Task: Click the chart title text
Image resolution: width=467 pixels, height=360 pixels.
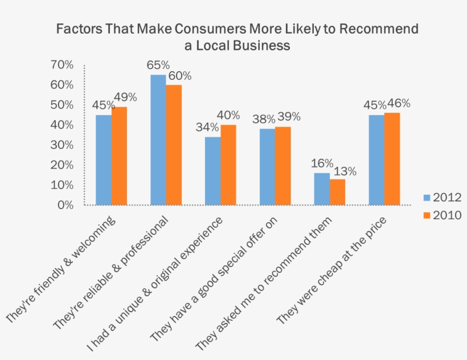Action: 237,36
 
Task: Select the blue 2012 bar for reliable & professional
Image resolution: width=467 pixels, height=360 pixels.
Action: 158,140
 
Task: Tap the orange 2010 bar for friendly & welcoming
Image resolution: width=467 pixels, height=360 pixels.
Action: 119,156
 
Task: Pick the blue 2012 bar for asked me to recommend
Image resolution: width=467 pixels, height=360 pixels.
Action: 322,189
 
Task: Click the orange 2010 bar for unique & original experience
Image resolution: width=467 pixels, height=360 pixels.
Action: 228,165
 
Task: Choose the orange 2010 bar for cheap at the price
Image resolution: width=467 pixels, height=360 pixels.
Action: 392,158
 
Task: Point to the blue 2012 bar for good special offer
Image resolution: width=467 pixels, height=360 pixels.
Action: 267,166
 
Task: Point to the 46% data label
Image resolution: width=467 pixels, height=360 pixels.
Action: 399,104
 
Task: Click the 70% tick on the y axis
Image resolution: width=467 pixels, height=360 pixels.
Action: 62,65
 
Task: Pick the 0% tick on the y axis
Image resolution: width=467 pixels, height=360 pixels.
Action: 64,204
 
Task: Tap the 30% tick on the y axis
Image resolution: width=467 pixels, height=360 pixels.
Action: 62,145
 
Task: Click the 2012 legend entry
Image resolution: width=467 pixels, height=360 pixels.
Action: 441,197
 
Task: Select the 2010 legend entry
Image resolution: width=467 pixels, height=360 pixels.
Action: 441,215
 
